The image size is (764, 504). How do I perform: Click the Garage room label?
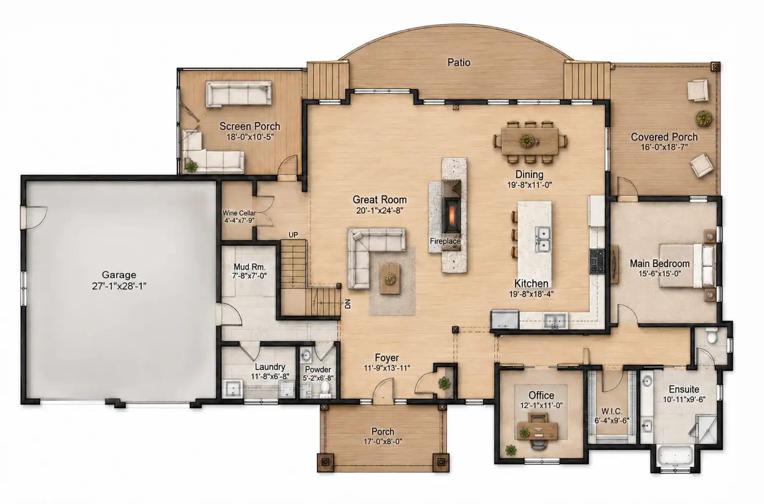click(119, 275)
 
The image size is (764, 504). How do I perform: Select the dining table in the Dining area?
click(529, 141)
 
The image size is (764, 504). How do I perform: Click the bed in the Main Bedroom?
click(687, 266)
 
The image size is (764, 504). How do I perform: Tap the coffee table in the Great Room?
click(390, 278)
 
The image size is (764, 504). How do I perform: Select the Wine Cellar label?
click(239, 213)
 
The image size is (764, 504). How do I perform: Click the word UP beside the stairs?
click(293, 234)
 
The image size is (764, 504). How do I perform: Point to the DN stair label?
click(347, 304)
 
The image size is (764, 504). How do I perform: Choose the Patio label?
click(459, 62)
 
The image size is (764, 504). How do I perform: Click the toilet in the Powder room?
click(326, 389)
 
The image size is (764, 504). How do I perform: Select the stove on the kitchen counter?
click(597, 261)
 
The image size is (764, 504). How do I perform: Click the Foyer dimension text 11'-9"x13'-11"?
click(387, 368)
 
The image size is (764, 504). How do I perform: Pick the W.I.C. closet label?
click(612, 411)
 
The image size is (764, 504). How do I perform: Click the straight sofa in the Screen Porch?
click(239, 94)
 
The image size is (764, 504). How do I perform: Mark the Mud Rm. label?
click(249, 267)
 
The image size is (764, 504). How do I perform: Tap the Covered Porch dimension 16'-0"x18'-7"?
click(664, 147)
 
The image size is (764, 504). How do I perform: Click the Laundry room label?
click(270, 367)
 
